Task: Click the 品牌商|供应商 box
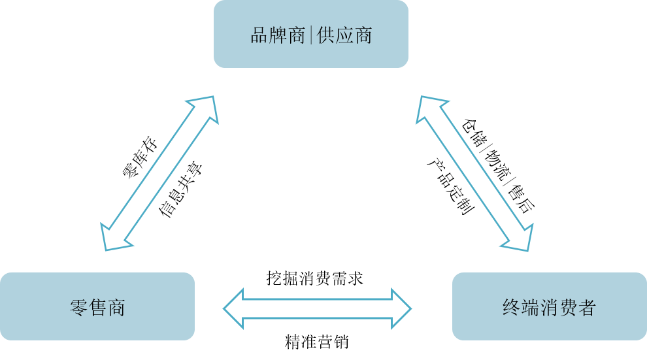311,34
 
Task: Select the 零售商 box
97,306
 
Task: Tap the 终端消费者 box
550,306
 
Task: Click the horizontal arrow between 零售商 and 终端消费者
318,308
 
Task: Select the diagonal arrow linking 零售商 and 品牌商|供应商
160,172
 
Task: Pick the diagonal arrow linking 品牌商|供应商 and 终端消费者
474,173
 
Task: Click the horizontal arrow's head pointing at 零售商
233,308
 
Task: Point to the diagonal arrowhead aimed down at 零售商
112,238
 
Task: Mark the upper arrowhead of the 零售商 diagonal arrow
206,107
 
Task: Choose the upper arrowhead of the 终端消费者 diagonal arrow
427,108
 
